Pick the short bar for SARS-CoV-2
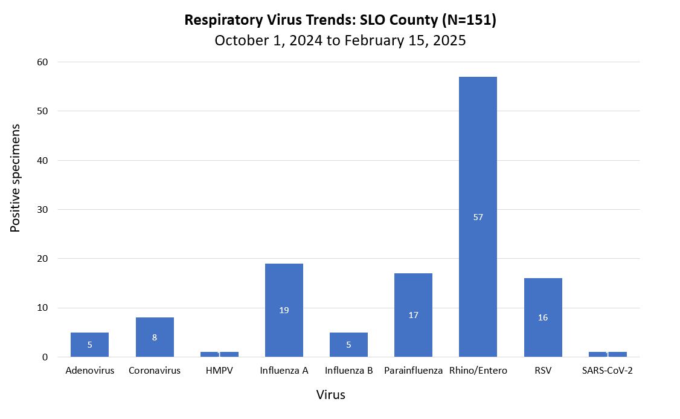pos(608,354)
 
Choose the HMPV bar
pos(219,354)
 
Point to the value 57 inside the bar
pos(478,217)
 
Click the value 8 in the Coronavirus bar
pos(155,337)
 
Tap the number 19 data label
pos(284,310)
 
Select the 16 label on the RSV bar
pos(543,317)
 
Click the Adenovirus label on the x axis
pos(90,371)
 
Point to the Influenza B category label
pos(348,371)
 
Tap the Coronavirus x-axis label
pos(155,371)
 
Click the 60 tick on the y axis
pos(42,62)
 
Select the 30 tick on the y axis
pos(42,210)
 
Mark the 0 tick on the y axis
pos(45,357)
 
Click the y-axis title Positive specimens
pos(16,178)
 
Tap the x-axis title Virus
pos(331,395)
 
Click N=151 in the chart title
pos(469,20)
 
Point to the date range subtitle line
pos(340,41)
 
